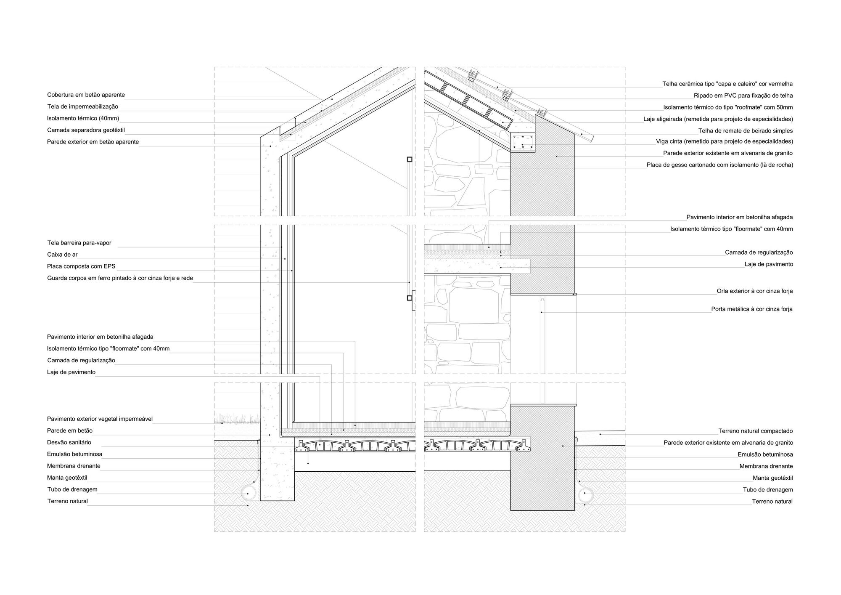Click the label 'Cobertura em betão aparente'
tap(86, 95)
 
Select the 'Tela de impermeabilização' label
tap(82, 107)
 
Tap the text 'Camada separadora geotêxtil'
tap(86, 130)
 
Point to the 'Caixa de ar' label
tap(62, 255)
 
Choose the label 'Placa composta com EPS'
tap(81, 267)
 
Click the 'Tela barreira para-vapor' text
tap(79, 243)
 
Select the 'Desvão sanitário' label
tap(69, 443)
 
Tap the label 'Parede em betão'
tap(70, 431)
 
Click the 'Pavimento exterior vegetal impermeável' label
tap(100, 419)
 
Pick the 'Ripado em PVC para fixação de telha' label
tap(743, 96)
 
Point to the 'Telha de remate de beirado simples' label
tap(746, 131)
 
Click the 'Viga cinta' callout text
tap(725, 142)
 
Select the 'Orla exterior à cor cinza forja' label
tap(755, 291)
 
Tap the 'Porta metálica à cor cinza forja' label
tap(752, 309)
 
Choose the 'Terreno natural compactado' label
tap(755, 431)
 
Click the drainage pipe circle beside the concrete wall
tap(248, 494)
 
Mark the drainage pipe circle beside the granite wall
tap(585, 494)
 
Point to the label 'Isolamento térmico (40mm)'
tap(83, 119)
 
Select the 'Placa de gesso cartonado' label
tap(720, 165)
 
